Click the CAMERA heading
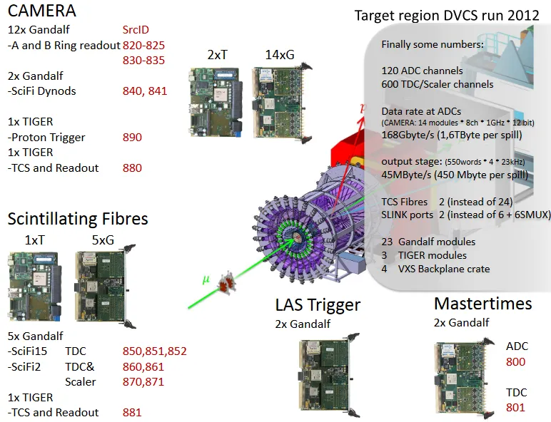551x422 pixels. click(x=42, y=11)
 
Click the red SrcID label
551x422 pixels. click(x=136, y=30)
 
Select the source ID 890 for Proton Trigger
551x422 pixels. click(x=132, y=138)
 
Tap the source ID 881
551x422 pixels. click(x=132, y=413)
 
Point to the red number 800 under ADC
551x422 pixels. click(x=515, y=362)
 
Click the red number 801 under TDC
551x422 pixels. click(x=515, y=408)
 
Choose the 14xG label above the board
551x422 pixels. click(x=280, y=55)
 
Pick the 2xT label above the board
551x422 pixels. click(x=218, y=55)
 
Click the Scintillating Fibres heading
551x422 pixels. click(x=78, y=219)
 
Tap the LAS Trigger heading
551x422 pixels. click(x=318, y=305)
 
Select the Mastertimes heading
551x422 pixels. click(x=482, y=304)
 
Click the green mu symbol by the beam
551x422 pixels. click(x=206, y=280)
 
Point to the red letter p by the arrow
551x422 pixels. click(x=363, y=108)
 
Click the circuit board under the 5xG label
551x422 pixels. click(x=105, y=287)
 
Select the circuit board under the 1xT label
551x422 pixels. click(x=35, y=287)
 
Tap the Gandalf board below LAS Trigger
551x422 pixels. click(x=329, y=375)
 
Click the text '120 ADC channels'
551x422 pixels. click(x=422, y=71)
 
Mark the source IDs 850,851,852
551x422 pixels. click(x=155, y=351)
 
